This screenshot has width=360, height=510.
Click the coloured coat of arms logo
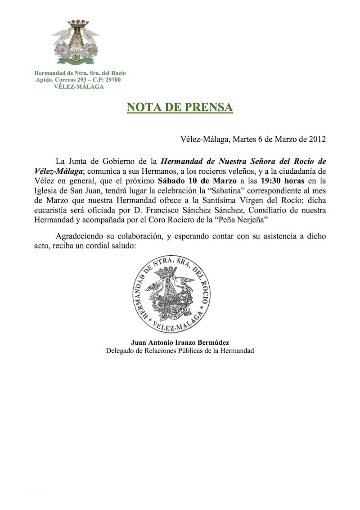(75, 41)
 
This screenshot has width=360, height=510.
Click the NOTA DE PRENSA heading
(180, 108)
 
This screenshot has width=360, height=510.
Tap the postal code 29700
(111, 80)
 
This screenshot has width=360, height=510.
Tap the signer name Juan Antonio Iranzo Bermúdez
(180, 342)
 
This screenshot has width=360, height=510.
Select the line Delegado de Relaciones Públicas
(180, 351)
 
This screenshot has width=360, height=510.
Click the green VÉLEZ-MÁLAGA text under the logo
(75, 86)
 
